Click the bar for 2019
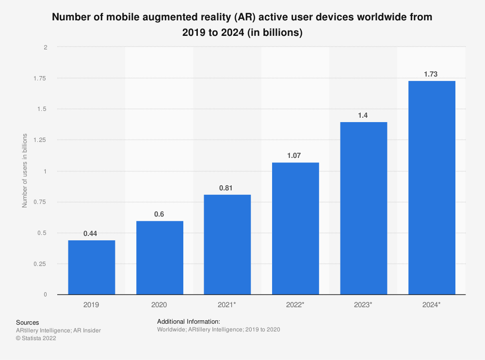[x=92, y=267]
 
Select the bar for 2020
[x=160, y=258]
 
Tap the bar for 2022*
[x=295, y=229]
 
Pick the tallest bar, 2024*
[x=432, y=188]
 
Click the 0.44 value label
[x=90, y=234]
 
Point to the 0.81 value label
[x=227, y=188]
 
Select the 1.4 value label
[x=363, y=115]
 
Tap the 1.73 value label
[x=431, y=74]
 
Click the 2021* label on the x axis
[x=227, y=304]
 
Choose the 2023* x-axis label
[x=363, y=304]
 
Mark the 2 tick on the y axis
[x=45, y=47]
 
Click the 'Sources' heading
[x=28, y=322]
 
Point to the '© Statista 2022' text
[x=36, y=339]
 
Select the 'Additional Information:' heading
[x=189, y=321]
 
